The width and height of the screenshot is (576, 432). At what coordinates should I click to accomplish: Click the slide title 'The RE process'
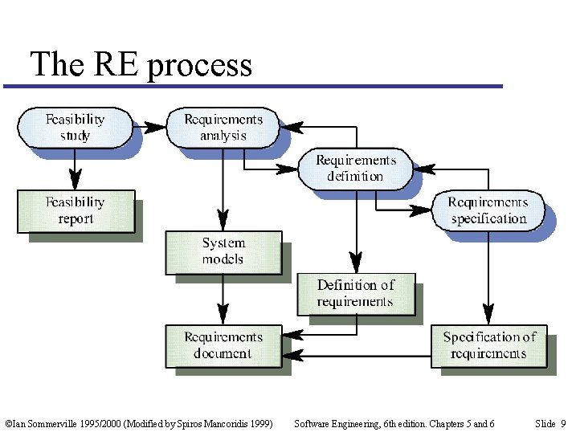[141, 64]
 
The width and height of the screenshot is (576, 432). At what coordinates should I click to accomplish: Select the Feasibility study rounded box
[75, 128]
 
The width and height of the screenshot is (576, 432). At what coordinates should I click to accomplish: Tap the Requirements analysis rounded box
[223, 128]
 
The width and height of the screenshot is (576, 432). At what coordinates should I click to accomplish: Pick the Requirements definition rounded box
[355, 169]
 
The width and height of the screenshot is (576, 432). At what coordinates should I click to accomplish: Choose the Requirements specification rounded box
[488, 210]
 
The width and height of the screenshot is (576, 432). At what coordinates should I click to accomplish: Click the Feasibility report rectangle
[76, 210]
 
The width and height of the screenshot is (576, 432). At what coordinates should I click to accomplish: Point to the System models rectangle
[223, 251]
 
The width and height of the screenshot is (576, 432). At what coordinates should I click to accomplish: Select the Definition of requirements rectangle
[355, 294]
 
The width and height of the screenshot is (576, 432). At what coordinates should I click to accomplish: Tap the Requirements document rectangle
[223, 345]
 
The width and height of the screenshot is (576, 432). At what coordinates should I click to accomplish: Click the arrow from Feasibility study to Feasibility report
[75, 169]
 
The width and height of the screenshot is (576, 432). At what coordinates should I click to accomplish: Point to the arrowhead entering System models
[223, 222]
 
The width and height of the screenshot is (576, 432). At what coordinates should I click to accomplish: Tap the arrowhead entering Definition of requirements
[355, 263]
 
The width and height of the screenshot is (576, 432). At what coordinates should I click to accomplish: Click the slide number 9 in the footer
[562, 423]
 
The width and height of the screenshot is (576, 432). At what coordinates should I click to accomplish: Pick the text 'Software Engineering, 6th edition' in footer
[360, 423]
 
